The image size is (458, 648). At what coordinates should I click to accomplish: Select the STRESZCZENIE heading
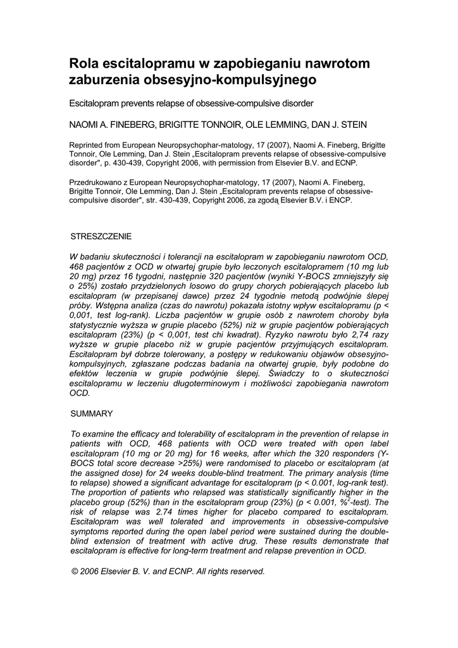(101, 236)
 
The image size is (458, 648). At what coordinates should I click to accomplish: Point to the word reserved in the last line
(247, 571)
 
